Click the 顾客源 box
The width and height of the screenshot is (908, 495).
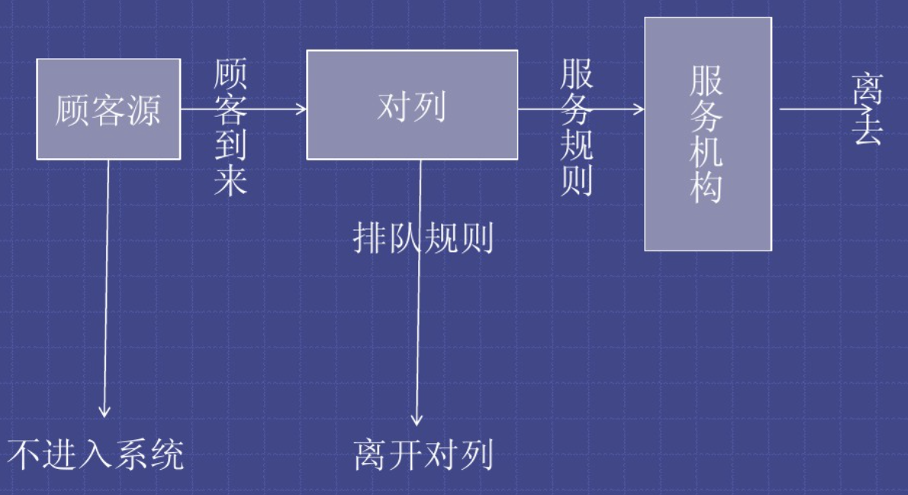108,109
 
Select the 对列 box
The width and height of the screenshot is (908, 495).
412,105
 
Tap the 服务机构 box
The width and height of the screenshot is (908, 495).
707,134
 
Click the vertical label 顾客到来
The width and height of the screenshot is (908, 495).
230,128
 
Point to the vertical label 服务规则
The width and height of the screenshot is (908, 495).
577,128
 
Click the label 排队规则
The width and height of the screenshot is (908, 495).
423,239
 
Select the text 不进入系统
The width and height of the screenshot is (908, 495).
97,456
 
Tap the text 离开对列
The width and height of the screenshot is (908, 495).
423,456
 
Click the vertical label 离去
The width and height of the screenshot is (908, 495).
868,109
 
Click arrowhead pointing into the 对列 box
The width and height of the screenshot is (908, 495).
301,109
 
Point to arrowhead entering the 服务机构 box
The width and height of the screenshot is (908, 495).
639,109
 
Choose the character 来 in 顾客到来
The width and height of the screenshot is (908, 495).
230,180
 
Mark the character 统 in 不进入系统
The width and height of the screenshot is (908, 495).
167,456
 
